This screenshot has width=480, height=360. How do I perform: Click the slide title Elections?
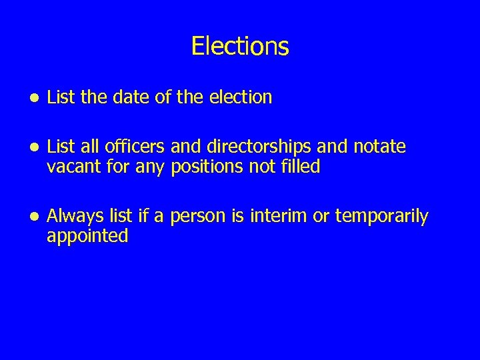240,46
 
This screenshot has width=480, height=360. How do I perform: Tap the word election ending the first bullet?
241,97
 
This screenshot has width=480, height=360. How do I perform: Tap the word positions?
204,167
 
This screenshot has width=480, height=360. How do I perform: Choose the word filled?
299,166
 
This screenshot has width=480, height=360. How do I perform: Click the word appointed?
87,236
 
